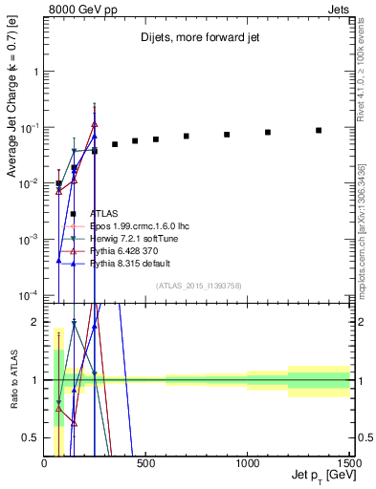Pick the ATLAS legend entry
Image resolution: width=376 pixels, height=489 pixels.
pos(104,214)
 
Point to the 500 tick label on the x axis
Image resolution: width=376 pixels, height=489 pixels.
pos(145,462)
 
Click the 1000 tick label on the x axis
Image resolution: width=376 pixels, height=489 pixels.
pos(247,462)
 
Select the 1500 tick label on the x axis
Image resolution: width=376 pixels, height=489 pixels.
pos(347,462)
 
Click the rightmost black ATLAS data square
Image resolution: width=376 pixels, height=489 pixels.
pos(319,130)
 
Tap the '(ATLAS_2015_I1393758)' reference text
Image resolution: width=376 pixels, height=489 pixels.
pos(198,285)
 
